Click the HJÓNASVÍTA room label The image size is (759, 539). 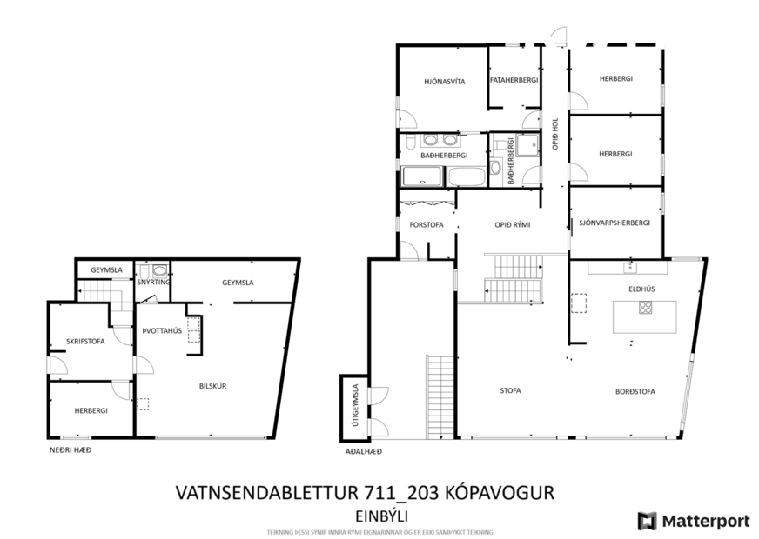[445, 81]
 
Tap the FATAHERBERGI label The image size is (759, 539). [514, 81]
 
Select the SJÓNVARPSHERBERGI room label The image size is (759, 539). [615, 223]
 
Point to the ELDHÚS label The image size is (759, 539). [641, 289]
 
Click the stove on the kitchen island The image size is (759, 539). [645, 307]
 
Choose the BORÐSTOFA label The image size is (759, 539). [635, 391]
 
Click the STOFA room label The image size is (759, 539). [510, 391]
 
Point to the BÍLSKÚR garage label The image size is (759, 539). [213, 386]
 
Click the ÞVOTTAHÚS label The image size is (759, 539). [160, 330]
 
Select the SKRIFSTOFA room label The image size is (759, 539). [85, 342]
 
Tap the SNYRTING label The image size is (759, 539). [153, 282]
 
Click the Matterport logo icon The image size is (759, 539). [646, 521]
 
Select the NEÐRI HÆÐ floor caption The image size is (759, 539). [70, 449]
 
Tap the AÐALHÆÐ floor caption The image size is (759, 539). [364, 452]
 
